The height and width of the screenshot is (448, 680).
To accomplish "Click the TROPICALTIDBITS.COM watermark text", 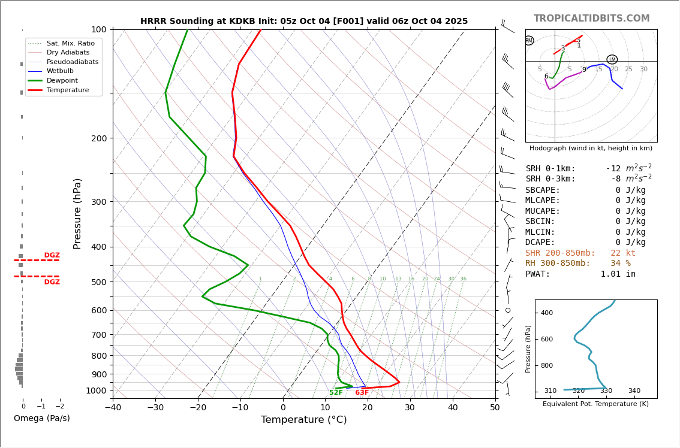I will (x=591, y=19).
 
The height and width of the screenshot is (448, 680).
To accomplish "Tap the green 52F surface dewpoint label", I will (x=336, y=393).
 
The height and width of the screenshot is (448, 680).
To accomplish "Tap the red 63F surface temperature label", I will (x=362, y=393).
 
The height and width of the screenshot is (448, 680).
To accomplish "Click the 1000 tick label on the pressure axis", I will (x=95, y=391).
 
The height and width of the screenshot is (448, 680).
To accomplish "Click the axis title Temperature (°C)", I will (x=303, y=420).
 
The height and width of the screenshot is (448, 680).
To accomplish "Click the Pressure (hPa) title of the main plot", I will (x=77, y=213).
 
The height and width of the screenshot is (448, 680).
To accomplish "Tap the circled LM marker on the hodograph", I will (x=612, y=59).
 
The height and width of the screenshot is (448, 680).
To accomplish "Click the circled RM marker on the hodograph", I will (x=529, y=41).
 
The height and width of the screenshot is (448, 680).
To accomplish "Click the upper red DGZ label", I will (x=52, y=256).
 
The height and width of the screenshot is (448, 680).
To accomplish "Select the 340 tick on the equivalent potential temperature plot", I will (x=634, y=391).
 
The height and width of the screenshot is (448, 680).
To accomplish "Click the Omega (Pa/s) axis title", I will (x=41, y=419).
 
